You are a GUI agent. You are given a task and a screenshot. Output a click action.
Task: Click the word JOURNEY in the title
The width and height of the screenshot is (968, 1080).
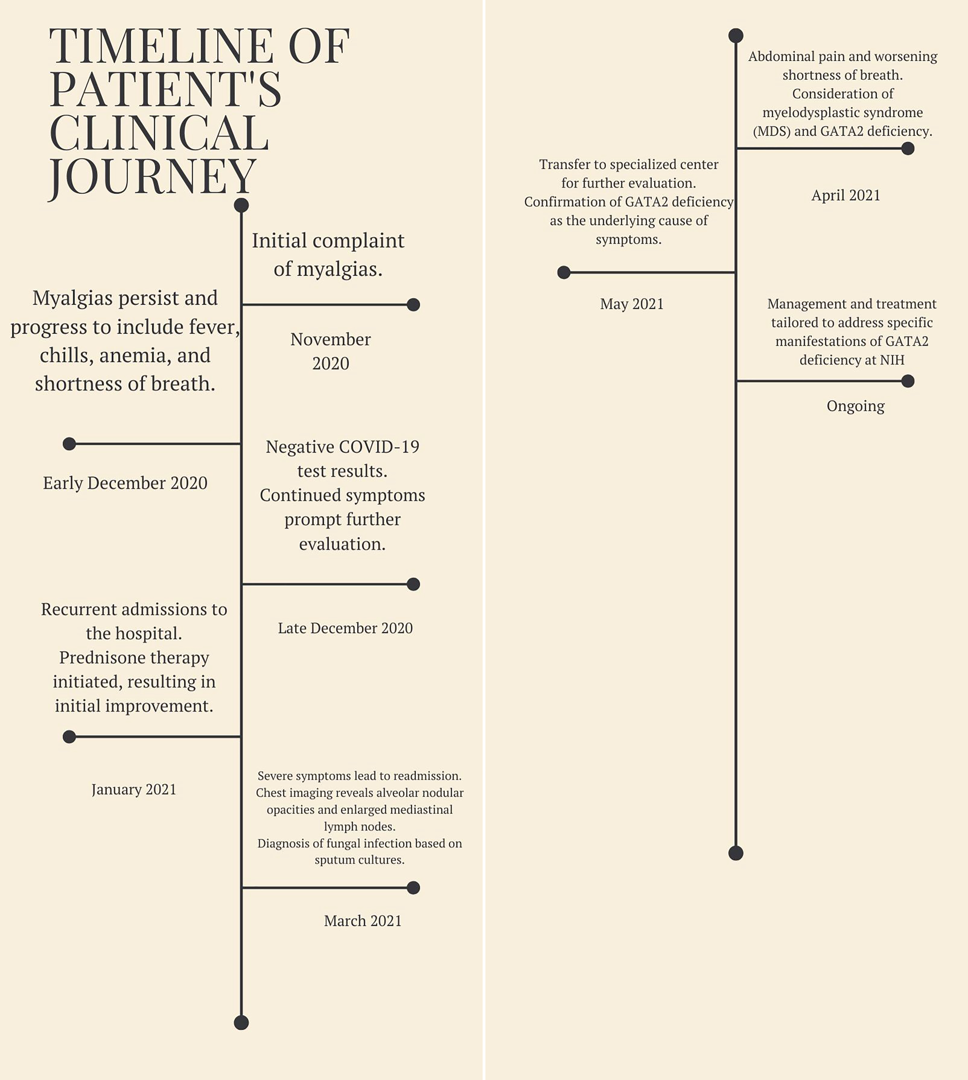coord(153,176)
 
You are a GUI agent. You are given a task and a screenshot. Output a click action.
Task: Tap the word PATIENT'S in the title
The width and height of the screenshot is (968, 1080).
coord(165,89)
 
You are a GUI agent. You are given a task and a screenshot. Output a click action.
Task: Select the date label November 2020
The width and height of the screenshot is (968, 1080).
coord(330,351)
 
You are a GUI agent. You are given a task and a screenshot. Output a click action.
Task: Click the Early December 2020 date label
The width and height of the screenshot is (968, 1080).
coord(125,483)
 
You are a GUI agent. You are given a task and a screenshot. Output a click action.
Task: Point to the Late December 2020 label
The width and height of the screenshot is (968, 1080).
coord(345,628)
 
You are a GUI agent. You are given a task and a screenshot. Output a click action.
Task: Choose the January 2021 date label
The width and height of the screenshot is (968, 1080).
coord(134,790)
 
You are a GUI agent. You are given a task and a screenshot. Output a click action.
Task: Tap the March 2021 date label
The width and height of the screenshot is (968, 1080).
coord(363,921)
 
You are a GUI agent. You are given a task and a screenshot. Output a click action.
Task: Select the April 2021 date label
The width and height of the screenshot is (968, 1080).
coord(846,196)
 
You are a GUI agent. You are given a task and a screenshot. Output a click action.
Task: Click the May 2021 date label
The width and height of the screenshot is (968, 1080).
coord(632,304)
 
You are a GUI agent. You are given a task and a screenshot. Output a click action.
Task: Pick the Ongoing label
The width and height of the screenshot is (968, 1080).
coord(855,406)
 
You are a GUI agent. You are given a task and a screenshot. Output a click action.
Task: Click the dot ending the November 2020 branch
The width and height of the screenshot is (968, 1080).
coord(413,305)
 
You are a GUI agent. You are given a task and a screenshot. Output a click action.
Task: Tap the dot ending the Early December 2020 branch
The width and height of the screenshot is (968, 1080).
coord(69,444)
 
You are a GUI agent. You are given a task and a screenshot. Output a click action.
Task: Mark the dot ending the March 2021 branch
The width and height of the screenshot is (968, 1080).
coord(413,888)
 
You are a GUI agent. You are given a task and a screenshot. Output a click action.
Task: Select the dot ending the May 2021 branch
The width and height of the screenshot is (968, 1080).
coord(564,272)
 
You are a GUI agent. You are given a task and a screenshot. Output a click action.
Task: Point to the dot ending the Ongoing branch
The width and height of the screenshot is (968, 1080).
coord(908,381)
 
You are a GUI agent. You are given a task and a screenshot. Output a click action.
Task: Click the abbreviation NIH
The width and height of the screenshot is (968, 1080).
coord(892,360)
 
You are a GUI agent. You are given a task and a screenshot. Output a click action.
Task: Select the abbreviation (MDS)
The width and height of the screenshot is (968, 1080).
coord(771,132)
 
